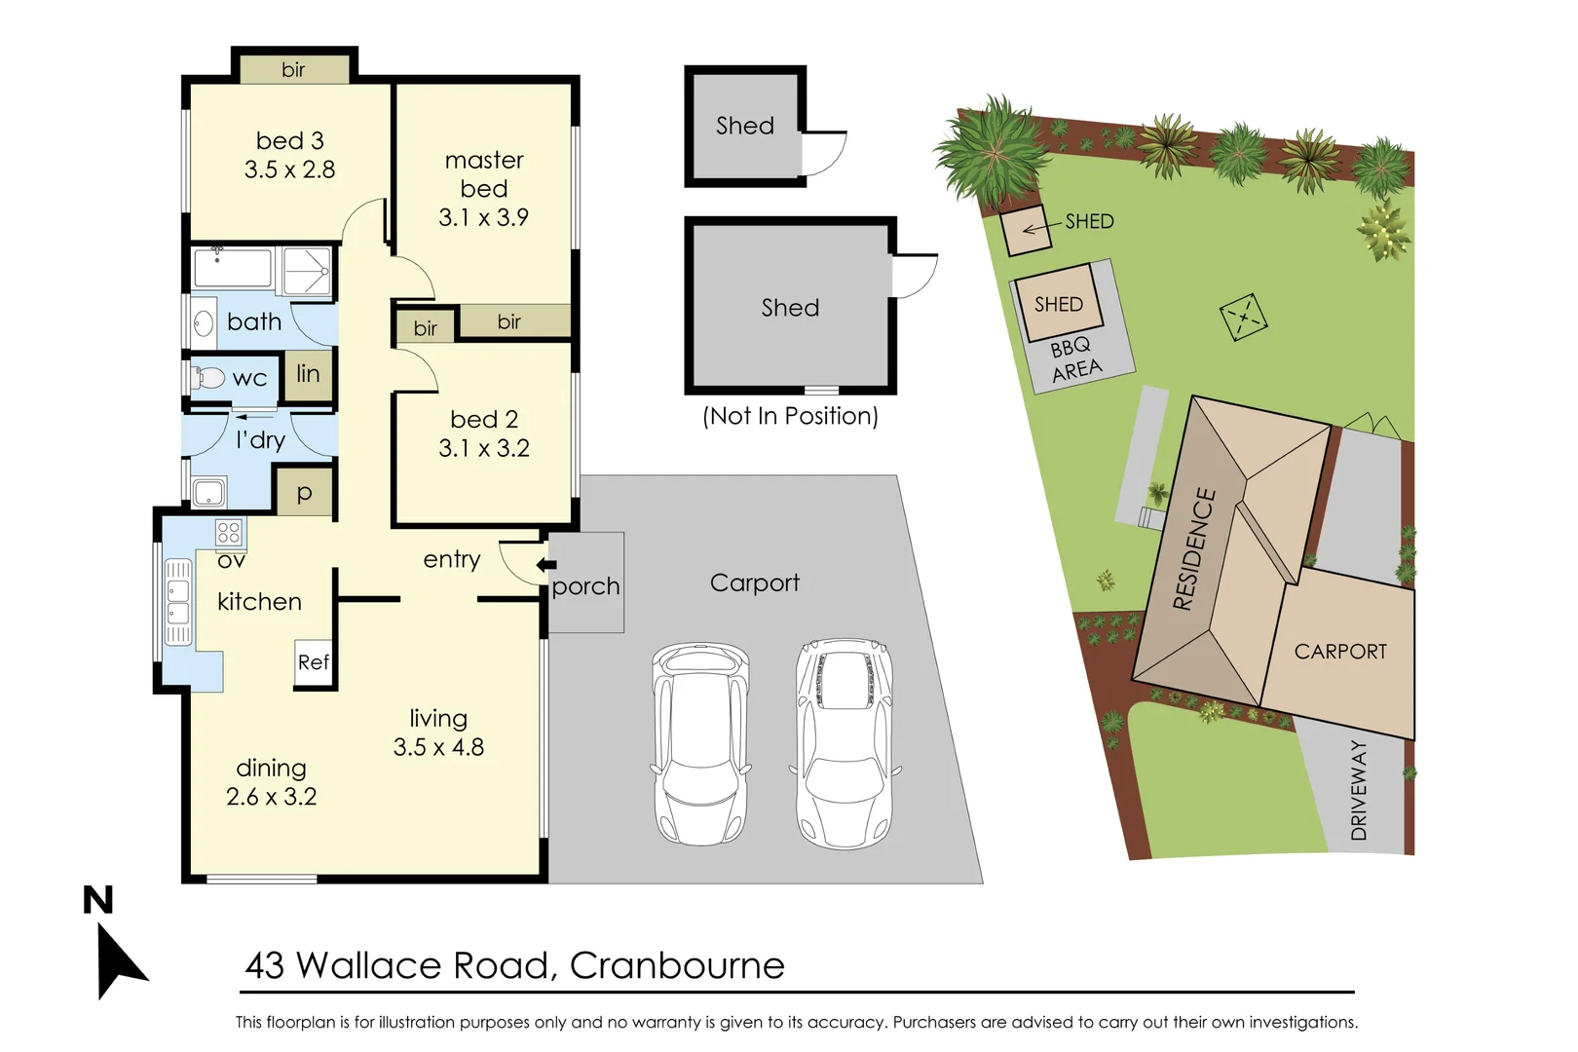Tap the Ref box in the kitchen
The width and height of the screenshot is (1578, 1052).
coord(314,663)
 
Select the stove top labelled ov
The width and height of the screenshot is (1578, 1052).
coord(229,533)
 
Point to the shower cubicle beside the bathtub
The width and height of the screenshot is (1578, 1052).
coord(306,271)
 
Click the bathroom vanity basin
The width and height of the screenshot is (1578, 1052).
coord(204,322)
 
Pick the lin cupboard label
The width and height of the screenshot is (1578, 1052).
coord(308,374)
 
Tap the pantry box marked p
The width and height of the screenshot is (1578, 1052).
coord(304,494)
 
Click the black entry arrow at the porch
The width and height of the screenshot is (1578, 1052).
coord(546,565)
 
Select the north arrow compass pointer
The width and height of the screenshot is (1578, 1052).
coord(119,959)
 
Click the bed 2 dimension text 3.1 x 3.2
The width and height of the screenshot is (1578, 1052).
coord(484,449)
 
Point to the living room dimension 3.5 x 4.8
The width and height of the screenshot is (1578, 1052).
coord(438,747)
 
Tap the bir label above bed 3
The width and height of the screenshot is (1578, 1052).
coord(293,70)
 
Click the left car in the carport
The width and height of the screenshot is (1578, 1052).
coord(701,743)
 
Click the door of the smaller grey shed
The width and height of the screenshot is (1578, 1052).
coord(823,153)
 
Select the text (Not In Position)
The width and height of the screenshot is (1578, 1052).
coord(790,417)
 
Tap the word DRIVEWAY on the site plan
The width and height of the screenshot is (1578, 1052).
coord(1359,790)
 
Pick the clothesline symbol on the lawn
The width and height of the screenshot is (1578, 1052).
coord(1243,318)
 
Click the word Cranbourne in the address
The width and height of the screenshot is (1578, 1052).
coord(677,966)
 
